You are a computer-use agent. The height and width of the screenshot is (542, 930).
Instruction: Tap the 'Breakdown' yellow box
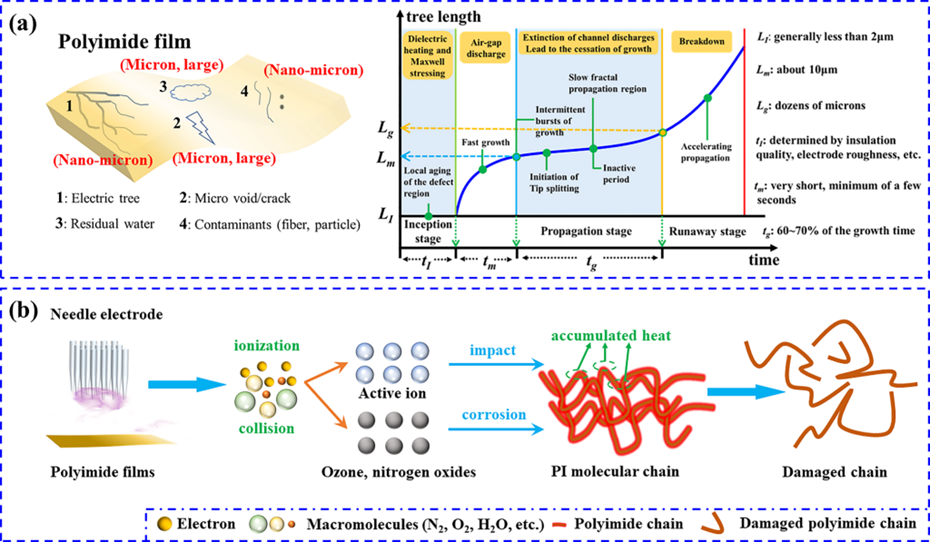(x=704, y=44)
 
